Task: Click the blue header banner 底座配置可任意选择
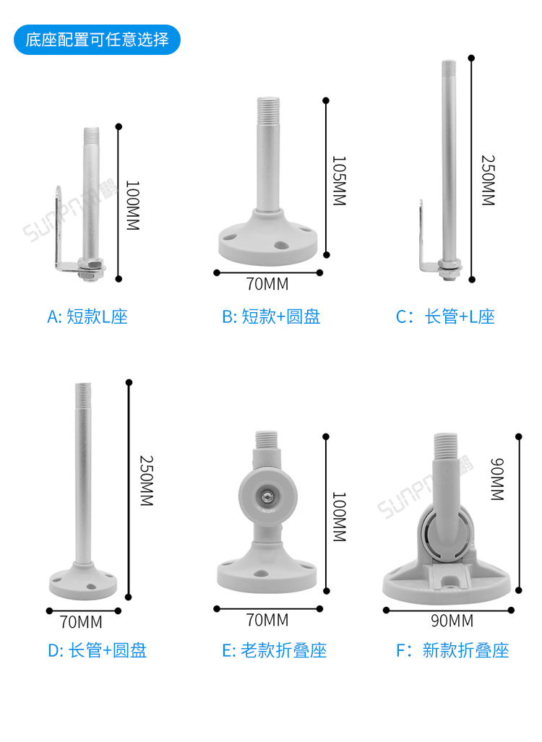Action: (97, 39)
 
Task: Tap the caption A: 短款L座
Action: (87, 316)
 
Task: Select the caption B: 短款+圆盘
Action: (271, 316)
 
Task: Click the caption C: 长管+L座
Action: (445, 316)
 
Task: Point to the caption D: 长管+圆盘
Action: (97, 650)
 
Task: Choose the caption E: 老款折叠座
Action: (274, 650)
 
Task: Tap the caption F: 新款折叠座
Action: (452, 650)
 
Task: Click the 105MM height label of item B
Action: (339, 180)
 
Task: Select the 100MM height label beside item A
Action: (132, 205)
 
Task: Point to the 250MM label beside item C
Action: (488, 180)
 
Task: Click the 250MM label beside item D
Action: (145, 480)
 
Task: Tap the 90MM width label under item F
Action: (452, 620)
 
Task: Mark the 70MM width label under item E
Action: (267, 620)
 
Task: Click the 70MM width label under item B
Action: (267, 283)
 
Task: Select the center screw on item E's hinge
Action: (268, 496)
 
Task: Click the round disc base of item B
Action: (268, 241)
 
